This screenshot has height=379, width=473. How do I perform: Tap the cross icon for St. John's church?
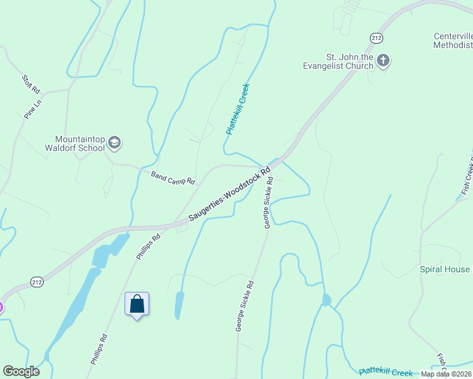click(383, 61)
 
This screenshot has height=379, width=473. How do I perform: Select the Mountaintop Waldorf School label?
click(79, 143)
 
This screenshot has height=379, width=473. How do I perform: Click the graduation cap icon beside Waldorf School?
click(114, 143)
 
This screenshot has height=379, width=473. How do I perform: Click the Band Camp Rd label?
click(173, 177)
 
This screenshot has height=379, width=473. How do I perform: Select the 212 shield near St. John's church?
click(377, 38)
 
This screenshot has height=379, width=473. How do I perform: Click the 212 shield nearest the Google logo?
click(37, 282)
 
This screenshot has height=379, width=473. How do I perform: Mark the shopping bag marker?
click(137, 304)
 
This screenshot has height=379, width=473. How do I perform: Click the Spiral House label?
click(445, 269)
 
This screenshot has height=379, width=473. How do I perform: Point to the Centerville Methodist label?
click(453, 40)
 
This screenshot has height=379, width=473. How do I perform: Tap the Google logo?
click(21, 371)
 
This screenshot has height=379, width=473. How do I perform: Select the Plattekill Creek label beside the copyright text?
click(386, 373)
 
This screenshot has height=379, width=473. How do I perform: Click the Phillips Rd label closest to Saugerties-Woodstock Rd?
click(148, 246)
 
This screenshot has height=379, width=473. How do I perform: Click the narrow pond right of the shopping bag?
click(179, 305)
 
